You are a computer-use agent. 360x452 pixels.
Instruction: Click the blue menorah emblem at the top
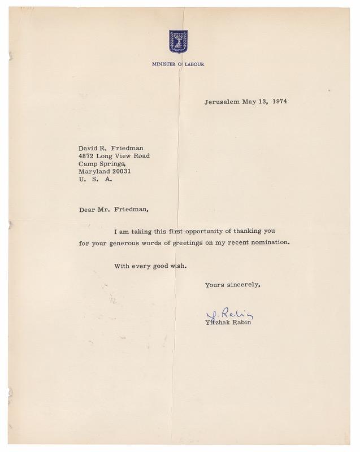tap(179, 41)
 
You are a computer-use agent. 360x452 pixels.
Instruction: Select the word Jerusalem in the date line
tap(222, 102)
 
